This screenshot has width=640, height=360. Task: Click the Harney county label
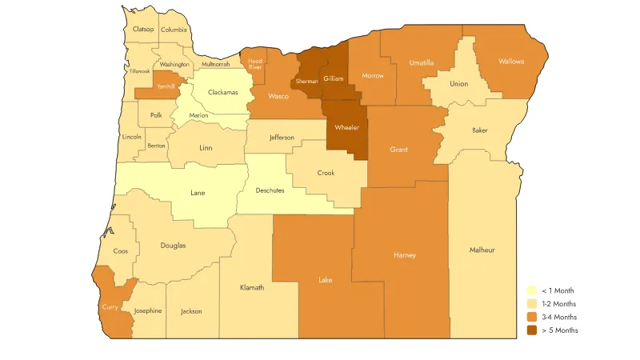(405, 255)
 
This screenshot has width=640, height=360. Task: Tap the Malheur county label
(482, 250)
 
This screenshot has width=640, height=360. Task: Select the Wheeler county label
(346, 127)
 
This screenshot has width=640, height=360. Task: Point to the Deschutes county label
(270, 191)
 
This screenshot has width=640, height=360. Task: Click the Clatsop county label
(143, 30)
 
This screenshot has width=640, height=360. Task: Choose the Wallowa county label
(510, 61)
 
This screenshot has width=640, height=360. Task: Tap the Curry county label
(110, 306)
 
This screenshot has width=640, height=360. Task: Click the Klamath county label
(252, 287)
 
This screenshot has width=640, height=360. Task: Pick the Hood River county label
(254, 64)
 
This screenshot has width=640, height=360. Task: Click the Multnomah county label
(215, 64)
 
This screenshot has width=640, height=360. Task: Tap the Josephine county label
(148, 310)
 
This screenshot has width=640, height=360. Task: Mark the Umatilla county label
(421, 62)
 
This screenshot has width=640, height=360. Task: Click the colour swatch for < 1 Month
(531, 290)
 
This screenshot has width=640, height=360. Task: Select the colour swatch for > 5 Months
(531, 330)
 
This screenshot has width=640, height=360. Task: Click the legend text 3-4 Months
(559, 317)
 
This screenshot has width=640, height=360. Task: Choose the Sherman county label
(306, 82)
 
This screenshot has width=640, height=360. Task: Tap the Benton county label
(156, 146)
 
